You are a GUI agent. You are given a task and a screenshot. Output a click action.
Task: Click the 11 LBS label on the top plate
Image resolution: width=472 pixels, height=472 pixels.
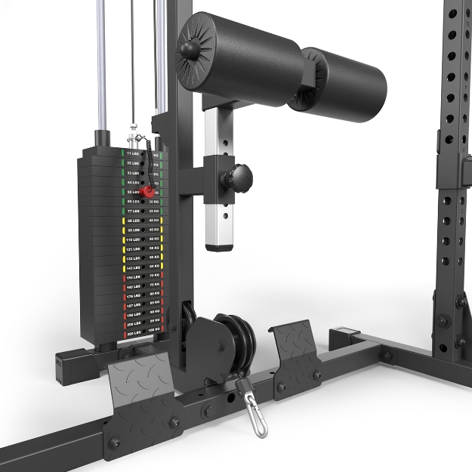click(x=133, y=153)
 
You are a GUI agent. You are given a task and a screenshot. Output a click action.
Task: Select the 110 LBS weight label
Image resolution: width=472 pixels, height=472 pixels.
click(x=134, y=239)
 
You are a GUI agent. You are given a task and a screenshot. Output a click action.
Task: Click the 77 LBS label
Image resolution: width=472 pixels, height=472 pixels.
click(x=134, y=211)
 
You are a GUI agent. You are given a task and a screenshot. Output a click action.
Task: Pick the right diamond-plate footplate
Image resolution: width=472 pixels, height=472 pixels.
click(x=298, y=354)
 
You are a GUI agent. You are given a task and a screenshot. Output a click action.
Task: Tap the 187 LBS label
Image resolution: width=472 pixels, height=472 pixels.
click(x=134, y=305)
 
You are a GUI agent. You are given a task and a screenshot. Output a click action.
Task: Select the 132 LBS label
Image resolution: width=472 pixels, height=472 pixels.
click(x=134, y=258)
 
